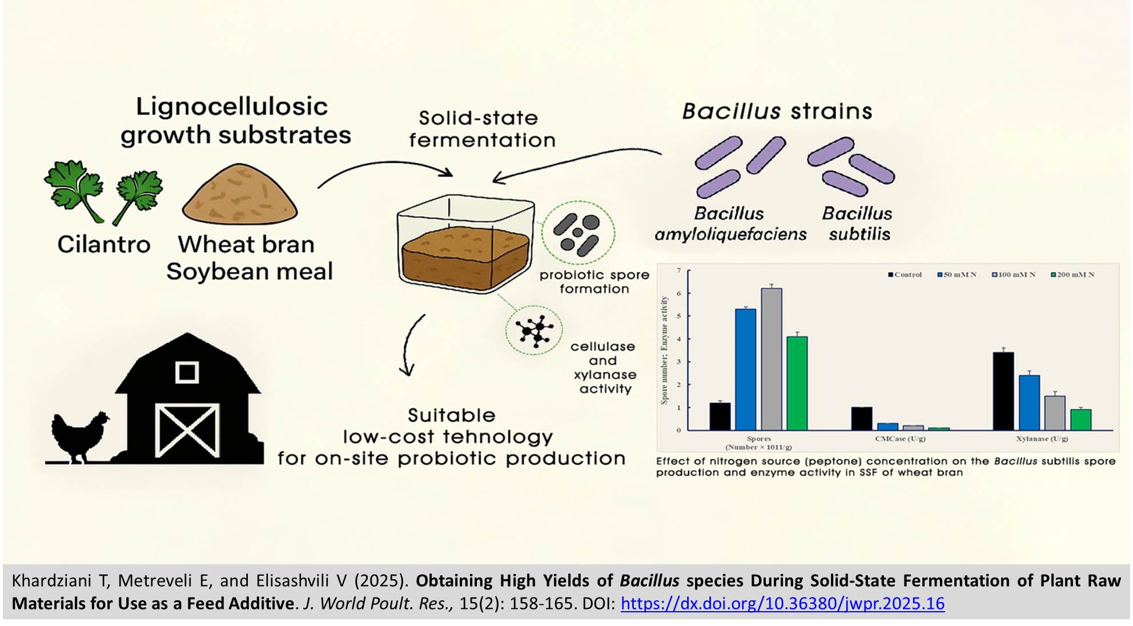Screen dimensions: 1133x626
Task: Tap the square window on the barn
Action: pos(187,372)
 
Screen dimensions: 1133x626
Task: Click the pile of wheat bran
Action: pos(239,194)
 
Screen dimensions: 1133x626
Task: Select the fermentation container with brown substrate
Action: pos(465,243)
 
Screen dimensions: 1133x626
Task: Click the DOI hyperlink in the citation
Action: pos(782,604)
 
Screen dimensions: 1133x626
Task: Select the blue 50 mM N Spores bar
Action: pos(745,369)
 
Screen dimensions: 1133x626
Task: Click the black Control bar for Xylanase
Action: pos(1003,391)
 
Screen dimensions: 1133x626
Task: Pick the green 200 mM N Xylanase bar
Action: pos(1080,419)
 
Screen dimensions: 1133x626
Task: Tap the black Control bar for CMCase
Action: pos(862,418)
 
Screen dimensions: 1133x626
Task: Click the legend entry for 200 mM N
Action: pos(1072,275)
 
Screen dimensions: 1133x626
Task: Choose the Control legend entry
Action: pos(905,275)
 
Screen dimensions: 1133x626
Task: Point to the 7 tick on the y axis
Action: pos(679,270)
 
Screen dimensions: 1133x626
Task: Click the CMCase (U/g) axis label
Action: pos(900,439)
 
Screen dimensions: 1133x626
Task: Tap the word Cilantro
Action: pos(104,244)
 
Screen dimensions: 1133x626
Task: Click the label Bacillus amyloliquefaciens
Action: pos(730,223)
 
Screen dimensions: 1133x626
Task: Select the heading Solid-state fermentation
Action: pos(481,129)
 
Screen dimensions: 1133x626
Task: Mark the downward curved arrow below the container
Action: pos(410,345)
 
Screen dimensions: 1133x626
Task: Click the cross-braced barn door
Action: pos(187,430)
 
